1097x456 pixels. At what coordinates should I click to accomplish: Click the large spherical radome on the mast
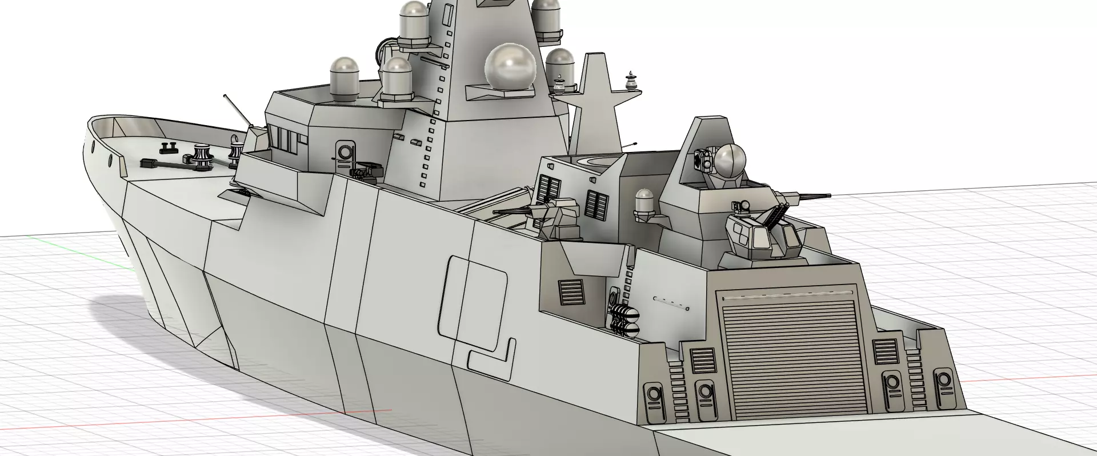click(x=510, y=66)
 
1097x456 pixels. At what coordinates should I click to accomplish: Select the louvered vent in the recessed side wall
click(x=571, y=293)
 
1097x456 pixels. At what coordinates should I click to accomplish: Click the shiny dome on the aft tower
click(x=730, y=161)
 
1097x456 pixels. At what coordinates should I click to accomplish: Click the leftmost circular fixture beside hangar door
click(x=652, y=396)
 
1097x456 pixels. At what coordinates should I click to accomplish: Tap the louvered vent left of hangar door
click(x=702, y=361)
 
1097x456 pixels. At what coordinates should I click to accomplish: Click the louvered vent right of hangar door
click(x=885, y=351)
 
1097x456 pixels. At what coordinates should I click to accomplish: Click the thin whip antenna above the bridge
click(x=237, y=109)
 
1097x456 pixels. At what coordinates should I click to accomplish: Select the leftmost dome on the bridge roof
click(x=343, y=78)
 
